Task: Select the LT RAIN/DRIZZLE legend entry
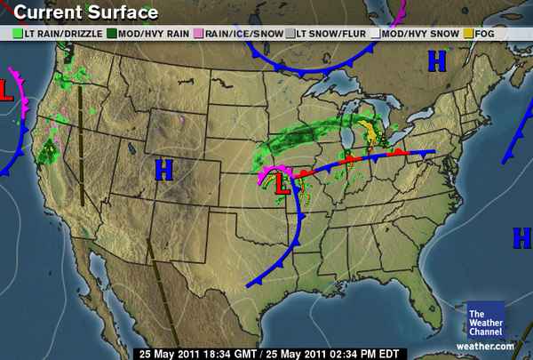tap(60, 33)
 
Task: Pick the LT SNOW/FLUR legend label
tap(329, 33)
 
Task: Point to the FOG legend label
tap(484, 33)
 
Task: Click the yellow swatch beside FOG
tap(468, 33)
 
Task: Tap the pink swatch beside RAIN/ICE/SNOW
tap(200, 33)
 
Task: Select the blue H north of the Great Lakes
tap(436, 60)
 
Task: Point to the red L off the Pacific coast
tap(6, 90)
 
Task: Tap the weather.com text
tap(485, 346)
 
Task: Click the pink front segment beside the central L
tap(266, 174)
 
